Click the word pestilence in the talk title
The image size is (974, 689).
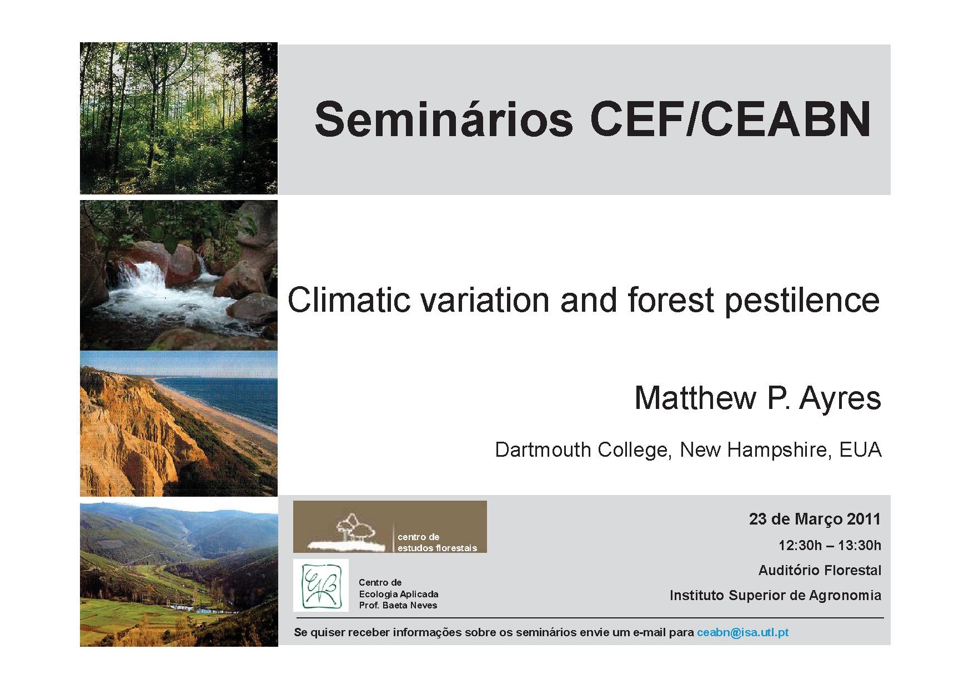tap(802, 301)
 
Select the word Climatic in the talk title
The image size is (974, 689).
tap(349, 300)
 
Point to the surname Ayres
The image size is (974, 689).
tap(840, 398)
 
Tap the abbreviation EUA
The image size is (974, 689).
tap(860, 450)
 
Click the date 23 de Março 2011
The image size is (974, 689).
tap(815, 519)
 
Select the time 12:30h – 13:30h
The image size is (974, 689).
tap(830, 545)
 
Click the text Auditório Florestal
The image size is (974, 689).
tap(820, 570)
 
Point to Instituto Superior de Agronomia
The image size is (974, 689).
tap(775, 595)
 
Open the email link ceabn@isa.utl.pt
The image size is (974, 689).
tap(742, 632)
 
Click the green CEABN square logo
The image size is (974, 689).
tap(321, 585)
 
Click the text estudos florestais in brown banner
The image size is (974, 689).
tap(437, 548)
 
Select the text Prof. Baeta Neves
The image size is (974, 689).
tap(398, 605)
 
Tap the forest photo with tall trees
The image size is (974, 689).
tap(179, 118)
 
